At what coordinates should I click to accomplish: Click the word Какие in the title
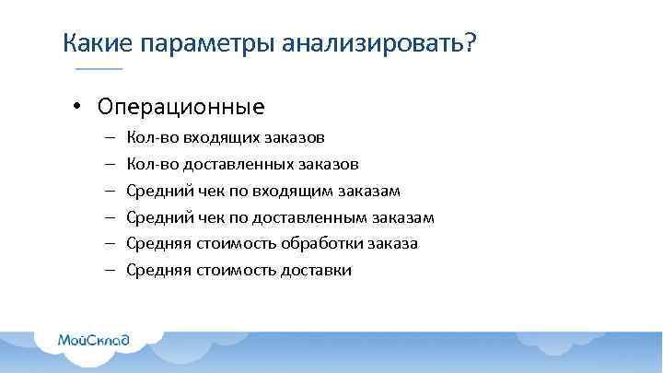click(x=96, y=43)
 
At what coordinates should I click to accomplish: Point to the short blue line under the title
click(x=98, y=70)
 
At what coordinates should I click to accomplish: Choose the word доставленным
click(x=316, y=217)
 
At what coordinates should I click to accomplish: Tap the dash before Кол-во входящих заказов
click(x=109, y=137)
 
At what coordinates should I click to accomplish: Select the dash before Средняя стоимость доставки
click(x=109, y=270)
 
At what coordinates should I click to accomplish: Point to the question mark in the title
click(x=471, y=43)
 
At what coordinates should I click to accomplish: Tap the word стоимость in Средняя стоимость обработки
click(x=228, y=243)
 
